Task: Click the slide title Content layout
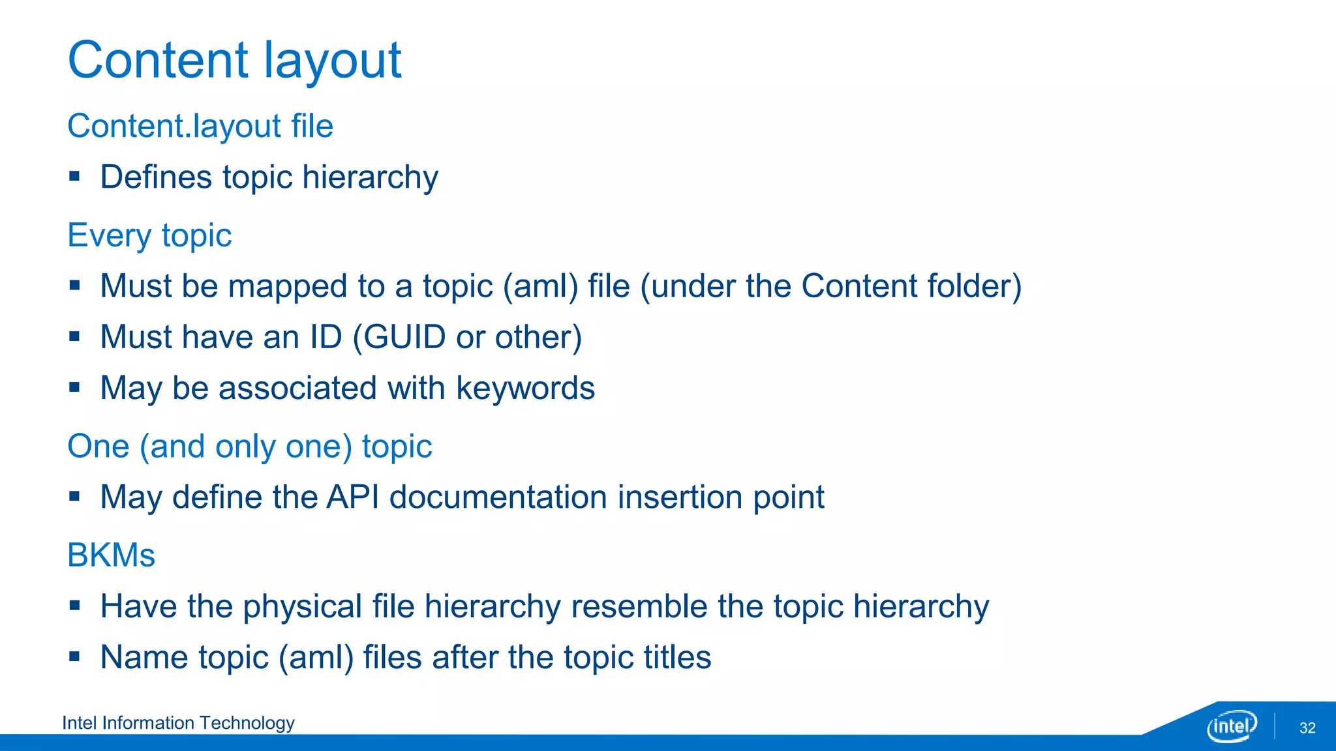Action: [234, 60]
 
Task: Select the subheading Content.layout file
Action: [200, 126]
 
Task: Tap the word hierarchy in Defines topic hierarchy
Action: [370, 177]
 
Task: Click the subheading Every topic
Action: [149, 235]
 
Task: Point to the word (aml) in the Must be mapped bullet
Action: [540, 286]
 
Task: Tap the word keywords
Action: [525, 389]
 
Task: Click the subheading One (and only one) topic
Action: [249, 447]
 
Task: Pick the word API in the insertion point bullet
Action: [352, 497]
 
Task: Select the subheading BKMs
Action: [111, 555]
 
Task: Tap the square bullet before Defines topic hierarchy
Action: [74, 176]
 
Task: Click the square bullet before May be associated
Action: [74, 387]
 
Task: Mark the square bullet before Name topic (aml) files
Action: [74, 656]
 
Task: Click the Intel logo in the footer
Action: [1231, 726]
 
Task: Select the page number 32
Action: [1307, 728]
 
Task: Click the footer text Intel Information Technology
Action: [178, 723]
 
